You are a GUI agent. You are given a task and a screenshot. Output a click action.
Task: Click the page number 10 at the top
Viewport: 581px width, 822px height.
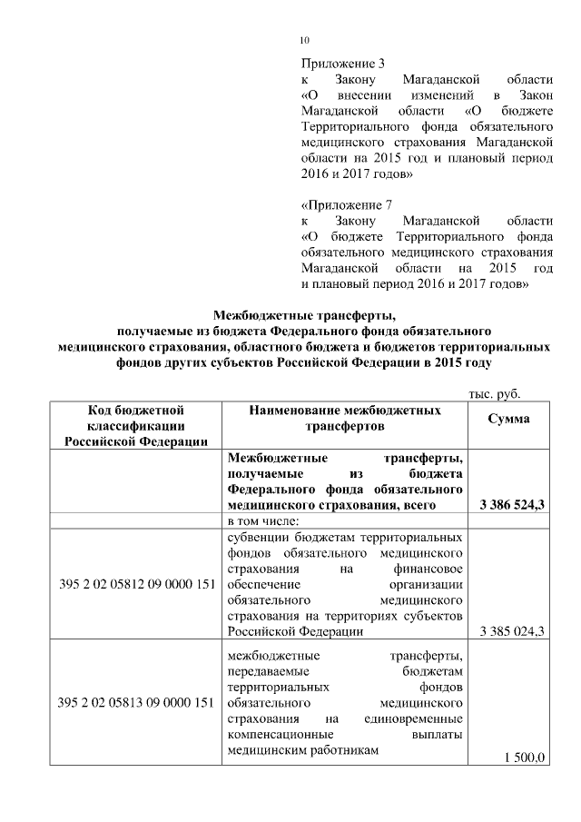pyautogui.click(x=305, y=40)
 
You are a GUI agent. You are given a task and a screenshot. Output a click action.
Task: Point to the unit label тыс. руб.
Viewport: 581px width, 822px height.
pyautogui.click(x=493, y=393)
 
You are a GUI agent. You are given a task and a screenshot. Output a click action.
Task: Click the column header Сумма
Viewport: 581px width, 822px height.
pyautogui.click(x=509, y=419)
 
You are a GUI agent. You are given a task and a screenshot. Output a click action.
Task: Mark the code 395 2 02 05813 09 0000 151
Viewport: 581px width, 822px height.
pyautogui.click(x=136, y=702)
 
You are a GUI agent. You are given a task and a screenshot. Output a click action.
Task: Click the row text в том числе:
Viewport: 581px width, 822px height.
pyautogui.click(x=264, y=520)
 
